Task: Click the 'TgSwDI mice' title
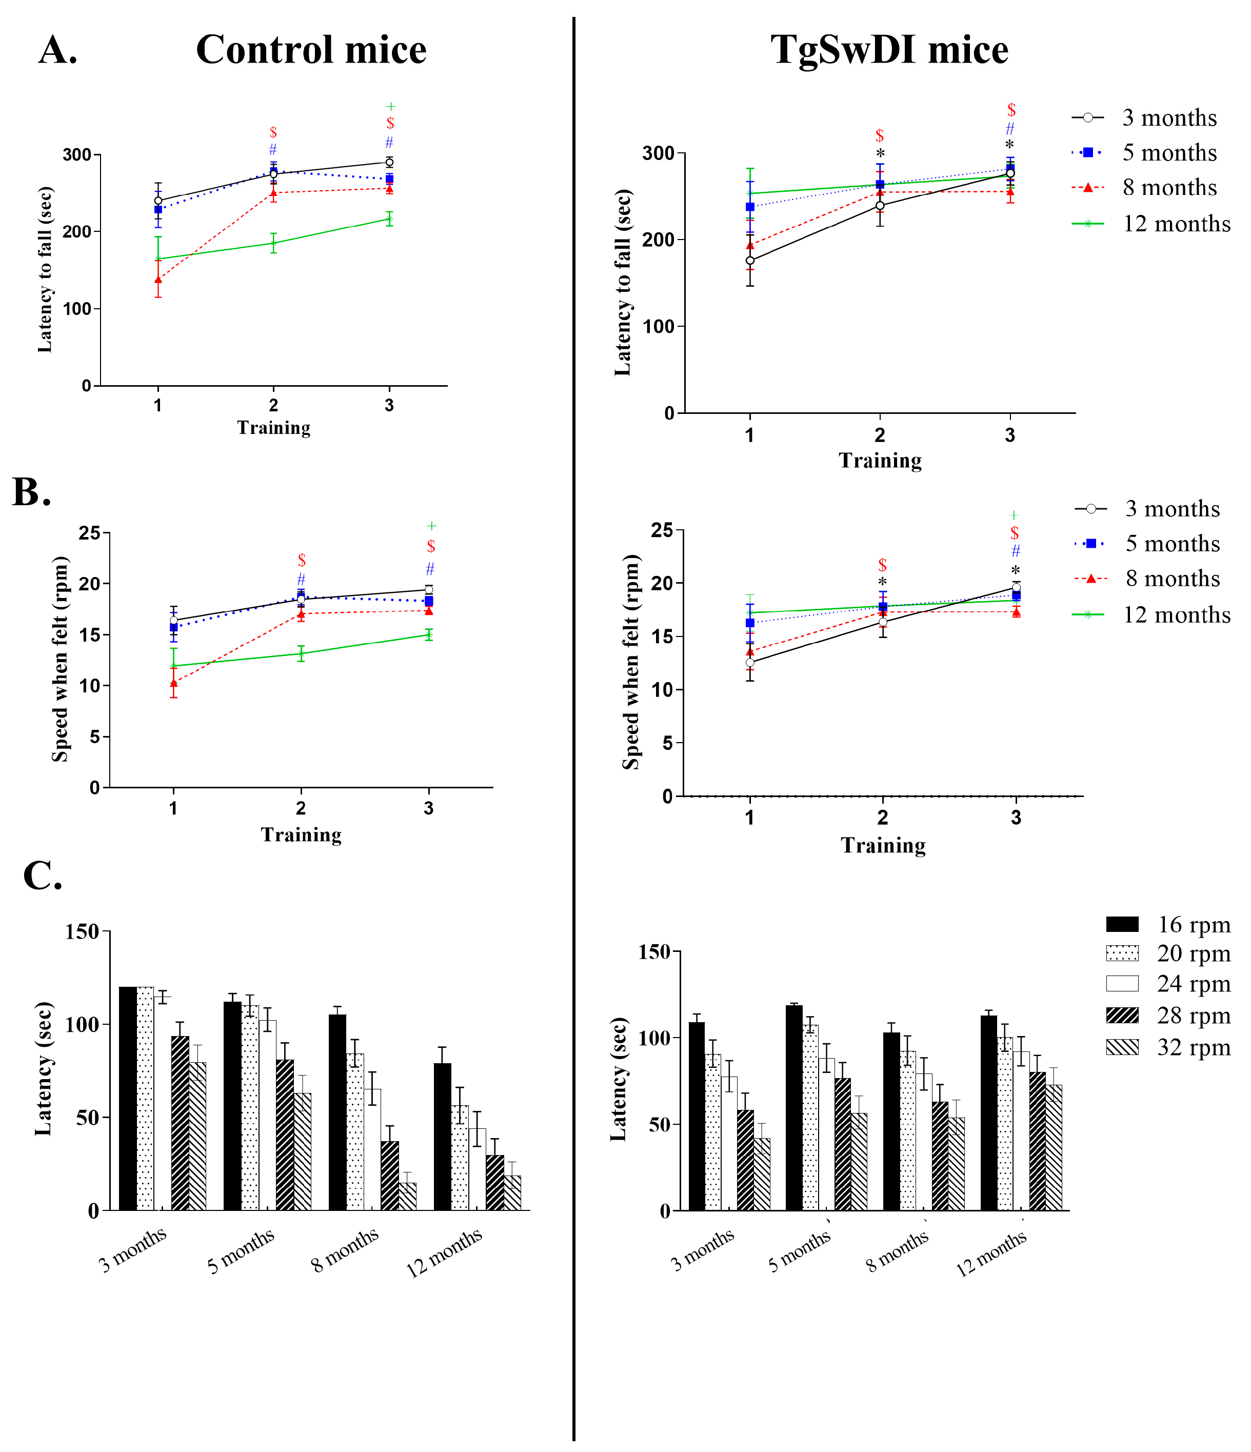coord(889,50)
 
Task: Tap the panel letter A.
coord(57,50)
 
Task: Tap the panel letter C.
coord(42,876)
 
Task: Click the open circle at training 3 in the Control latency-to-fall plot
coord(389,162)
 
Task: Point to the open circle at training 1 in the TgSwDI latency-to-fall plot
coord(750,261)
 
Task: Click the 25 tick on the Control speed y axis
coord(90,533)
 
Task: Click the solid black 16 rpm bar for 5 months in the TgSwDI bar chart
coord(794,1107)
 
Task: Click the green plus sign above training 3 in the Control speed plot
coord(432,526)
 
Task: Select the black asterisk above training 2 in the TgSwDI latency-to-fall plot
coord(880,153)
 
